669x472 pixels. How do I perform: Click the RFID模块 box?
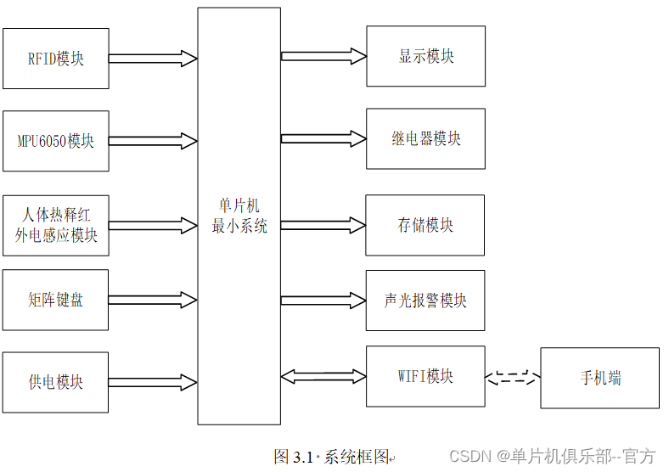click(56, 59)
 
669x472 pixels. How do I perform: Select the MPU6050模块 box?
click(56, 141)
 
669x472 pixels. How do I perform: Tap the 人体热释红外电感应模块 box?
click(56, 225)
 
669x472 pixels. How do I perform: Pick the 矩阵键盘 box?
click(55, 300)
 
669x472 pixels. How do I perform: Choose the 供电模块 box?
click(55, 382)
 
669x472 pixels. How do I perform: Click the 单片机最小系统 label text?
click(239, 216)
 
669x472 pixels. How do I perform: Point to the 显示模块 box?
click(426, 56)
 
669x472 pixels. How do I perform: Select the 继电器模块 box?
click(426, 138)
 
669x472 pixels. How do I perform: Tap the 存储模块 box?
click(425, 225)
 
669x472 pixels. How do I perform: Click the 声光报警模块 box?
click(425, 300)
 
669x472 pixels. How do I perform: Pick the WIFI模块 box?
click(425, 376)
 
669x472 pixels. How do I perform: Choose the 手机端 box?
click(600, 378)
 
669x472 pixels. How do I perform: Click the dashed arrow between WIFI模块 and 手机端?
click(513, 377)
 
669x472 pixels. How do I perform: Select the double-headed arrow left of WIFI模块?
click(323, 376)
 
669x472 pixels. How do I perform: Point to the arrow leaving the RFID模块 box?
click(153, 59)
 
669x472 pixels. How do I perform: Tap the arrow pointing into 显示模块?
click(323, 56)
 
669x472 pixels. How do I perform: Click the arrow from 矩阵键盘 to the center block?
click(153, 300)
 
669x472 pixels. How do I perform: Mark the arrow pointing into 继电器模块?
click(323, 138)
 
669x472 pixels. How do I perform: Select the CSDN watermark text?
click(552, 456)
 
